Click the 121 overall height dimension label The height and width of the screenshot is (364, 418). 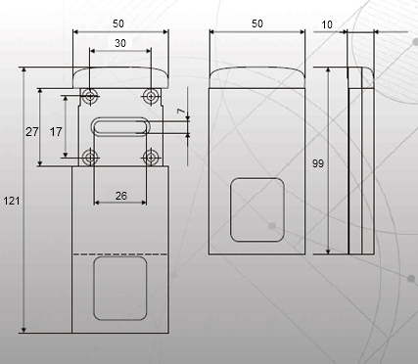pos(12,201)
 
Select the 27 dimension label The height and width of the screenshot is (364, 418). pos(32,132)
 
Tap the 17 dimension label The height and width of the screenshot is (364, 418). pos(56,132)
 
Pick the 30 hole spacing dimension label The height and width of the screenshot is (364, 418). pos(120,43)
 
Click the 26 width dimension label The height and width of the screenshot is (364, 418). pos(121,196)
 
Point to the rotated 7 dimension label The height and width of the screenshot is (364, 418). pos(181,111)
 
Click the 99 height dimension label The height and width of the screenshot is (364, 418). pos(318,163)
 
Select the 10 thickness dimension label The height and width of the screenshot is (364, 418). pos(327,24)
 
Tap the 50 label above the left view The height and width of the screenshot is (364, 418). pos(118,23)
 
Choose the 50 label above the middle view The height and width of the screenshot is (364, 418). pos(257,23)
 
